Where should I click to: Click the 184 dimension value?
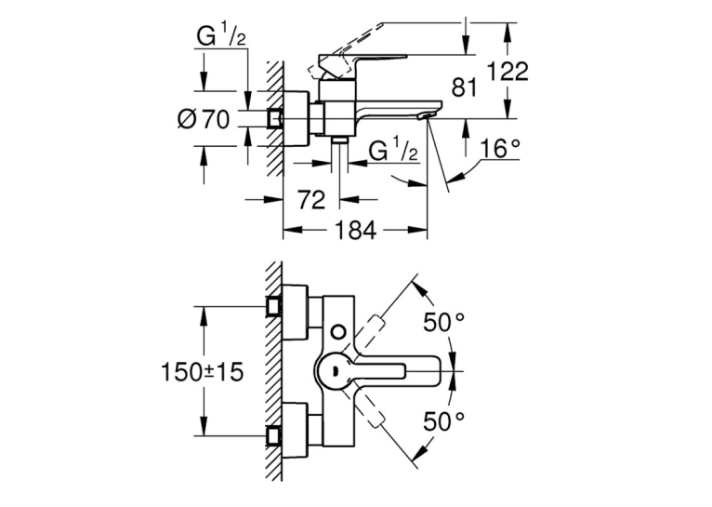pyautogui.click(x=356, y=230)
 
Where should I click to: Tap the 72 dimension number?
pyautogui.click(x=311, y=199)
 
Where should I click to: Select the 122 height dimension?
pyautogui.click(x=508, y=72)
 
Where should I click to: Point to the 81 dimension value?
pyautogui.click(x=465, y=87)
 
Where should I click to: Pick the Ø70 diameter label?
pyautogui.click(x=204, y=120)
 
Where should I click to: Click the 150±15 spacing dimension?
pyautogui.click(x=203, y=372)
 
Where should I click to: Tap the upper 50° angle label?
pyautogui.click(x=444, y=323)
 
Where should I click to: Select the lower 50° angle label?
pyautogui.click(x=444, y=421)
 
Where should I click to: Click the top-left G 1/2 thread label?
pyautogui.click(x=221, y=36)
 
